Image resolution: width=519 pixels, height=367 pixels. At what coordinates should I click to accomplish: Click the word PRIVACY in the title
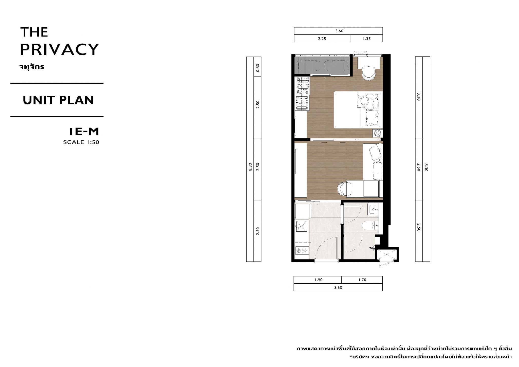[59, 49]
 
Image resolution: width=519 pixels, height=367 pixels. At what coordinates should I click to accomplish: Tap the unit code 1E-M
[84, 132]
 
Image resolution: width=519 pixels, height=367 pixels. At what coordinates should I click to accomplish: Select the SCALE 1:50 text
[81, 142]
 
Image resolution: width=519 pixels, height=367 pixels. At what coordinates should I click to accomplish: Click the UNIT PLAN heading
[58, 100]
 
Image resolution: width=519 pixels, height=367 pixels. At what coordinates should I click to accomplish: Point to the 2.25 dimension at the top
[322, 39]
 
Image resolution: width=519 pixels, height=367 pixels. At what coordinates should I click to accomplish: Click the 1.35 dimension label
[367, 39]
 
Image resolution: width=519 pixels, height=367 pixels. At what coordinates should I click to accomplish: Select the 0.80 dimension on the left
[258, 67]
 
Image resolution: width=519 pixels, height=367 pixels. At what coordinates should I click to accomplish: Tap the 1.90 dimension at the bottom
[319, 280]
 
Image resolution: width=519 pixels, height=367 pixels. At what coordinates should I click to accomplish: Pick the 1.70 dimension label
[362, 280]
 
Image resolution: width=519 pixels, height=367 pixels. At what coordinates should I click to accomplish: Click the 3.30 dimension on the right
[418, 97]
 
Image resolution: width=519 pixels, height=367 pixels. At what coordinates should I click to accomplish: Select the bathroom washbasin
[373, 210]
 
